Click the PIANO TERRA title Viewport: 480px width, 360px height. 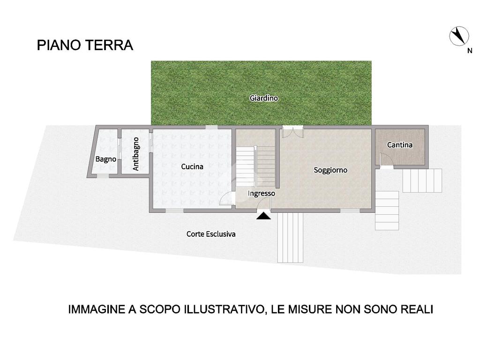coord(85,45)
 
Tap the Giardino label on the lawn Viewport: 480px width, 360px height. coord(263,98)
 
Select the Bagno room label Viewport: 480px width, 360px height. coord(105,159)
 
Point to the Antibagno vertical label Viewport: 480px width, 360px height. coord(136,154)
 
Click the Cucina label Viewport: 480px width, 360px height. coord(192,166)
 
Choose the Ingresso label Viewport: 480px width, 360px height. coord(261,194)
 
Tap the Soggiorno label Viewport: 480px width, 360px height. coord(330,170)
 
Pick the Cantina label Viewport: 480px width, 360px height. coord(400,145)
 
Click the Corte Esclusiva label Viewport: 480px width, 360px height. coord(211,234)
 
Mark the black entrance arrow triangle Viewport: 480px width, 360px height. coord(263,216)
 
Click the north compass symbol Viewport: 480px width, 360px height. coord(459,36)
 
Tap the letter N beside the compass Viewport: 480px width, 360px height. coord(470,51)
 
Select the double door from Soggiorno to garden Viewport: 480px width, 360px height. coord(292,132)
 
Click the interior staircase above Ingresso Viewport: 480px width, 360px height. coord(255,166)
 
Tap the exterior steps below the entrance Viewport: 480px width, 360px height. coord(290,238)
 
